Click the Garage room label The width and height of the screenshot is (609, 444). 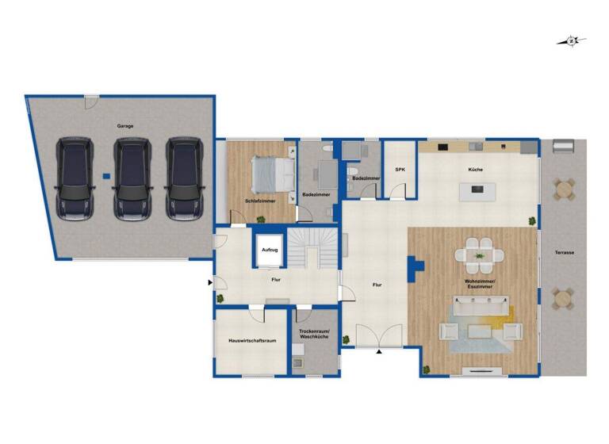[124, 127]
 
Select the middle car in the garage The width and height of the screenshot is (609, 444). [132, 179]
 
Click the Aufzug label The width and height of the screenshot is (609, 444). [270, 250]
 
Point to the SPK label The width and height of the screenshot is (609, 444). [400, 170]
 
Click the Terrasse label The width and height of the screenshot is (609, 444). [565, 252]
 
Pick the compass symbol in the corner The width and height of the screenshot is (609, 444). [573, 40]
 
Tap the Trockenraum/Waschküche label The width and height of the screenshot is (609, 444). [314, 335]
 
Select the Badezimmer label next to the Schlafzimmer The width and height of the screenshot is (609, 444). [316, 195]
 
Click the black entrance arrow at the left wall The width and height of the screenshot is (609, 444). [210, 281]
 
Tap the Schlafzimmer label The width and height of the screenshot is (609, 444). [260, 201]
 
